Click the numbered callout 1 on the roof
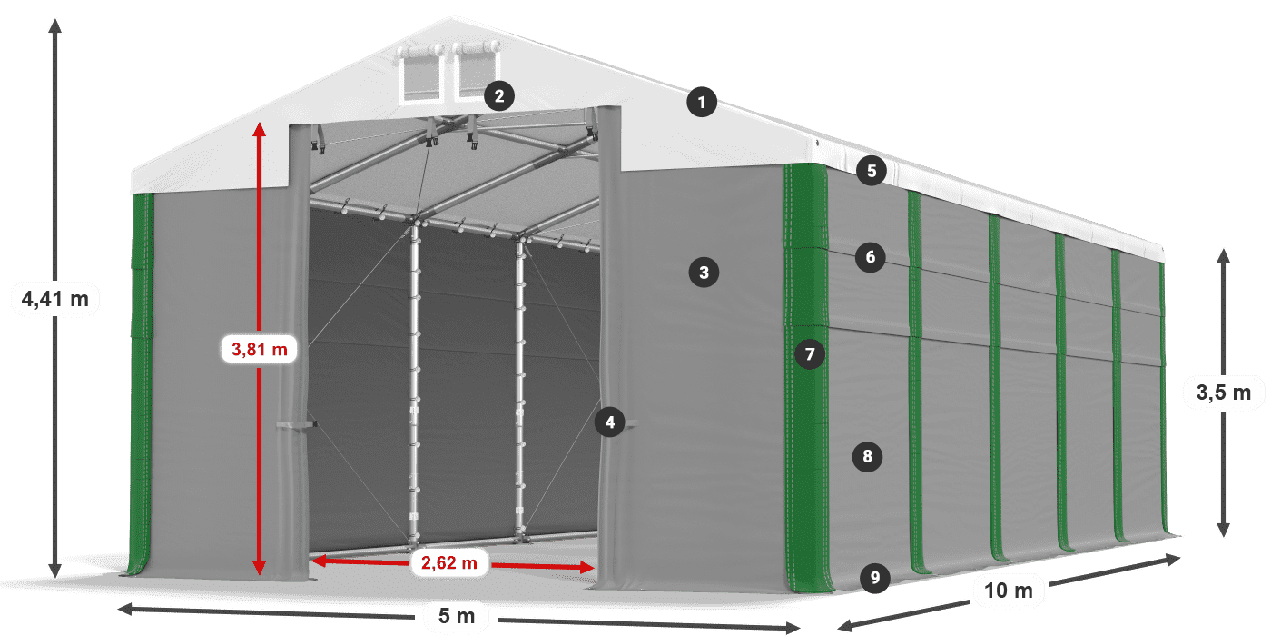702,103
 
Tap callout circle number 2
499,95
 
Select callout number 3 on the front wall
704,271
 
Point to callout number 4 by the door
610,422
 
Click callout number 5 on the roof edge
871,170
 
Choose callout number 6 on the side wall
870,257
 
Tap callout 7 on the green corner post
810,353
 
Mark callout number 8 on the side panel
867,456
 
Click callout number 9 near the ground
874,577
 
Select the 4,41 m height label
55,298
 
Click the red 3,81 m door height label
260,348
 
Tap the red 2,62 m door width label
448,563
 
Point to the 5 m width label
457,616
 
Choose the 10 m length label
1008,591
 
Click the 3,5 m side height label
1223,393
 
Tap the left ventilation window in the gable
420,75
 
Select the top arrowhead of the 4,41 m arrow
55,23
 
